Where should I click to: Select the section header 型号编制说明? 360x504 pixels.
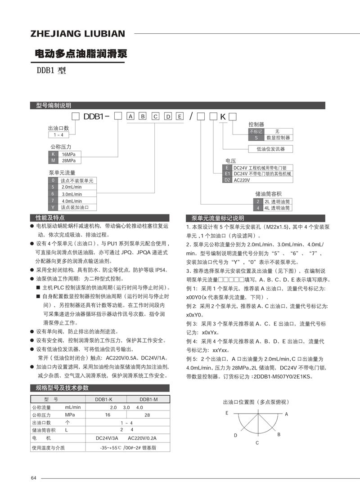[54, 105]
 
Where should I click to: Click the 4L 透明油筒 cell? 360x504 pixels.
[277, 208]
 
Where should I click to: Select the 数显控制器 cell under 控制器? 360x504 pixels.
[278, 138]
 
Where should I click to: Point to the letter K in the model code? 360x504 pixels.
[222, 117]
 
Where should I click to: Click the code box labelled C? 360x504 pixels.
[155, 117]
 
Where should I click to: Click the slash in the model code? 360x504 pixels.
[192, 117]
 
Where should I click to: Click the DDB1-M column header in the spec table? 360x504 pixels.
[148, 399]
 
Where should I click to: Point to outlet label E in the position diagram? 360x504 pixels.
[227, 413]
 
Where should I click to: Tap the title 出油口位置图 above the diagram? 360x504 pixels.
[255, 402]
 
